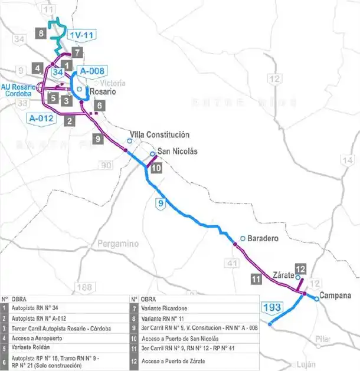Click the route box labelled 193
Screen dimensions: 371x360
tap(272, 307)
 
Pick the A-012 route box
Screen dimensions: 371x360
tap(42, 118)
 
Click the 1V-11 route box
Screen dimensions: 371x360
tap(81, 35)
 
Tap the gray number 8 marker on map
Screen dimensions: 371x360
tap(41, 33)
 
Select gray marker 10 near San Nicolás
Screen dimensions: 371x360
tap(156, 168)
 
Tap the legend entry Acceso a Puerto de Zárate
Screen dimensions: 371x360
tap(174, 361)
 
